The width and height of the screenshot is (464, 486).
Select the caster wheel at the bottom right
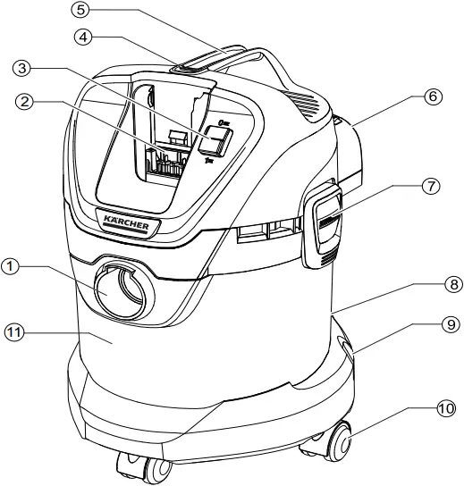(x=340, y=443)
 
